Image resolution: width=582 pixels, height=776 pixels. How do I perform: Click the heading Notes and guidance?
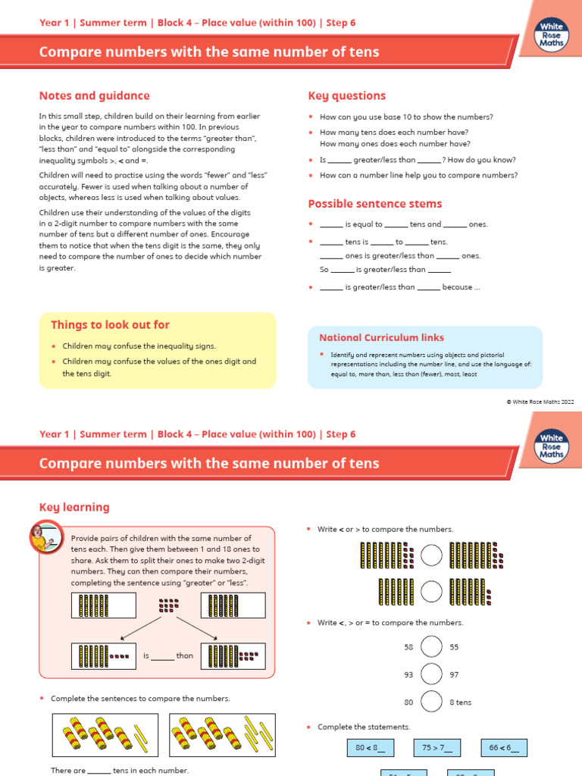pos(94,95)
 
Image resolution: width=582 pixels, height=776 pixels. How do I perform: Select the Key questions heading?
pos(346,95)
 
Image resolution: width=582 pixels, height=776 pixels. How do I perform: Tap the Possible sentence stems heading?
pos(374,204)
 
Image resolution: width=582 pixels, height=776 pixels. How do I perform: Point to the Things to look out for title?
pos(110,324)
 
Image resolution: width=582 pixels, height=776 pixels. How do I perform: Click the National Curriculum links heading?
pos(381,337)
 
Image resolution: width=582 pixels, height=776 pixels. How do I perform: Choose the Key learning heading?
pos(74,507)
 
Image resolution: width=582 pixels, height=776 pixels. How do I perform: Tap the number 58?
pos(409,647)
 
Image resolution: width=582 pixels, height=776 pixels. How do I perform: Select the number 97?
pos(455,674)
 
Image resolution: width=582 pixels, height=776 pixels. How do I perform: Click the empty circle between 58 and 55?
pos(431,647)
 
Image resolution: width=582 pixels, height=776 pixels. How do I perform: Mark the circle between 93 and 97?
pos(431,674)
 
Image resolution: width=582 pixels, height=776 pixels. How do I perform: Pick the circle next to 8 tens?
pos(431,702)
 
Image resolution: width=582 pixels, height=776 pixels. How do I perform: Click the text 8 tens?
pos(460,702)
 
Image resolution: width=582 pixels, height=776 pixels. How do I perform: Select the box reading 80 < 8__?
pos(370,748)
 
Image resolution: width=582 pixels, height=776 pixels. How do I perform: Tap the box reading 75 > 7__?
pos(437,748)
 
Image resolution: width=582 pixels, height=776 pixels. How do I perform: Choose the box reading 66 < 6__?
pos(504,748)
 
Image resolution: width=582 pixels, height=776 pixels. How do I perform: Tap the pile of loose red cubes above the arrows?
pos(168,605)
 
